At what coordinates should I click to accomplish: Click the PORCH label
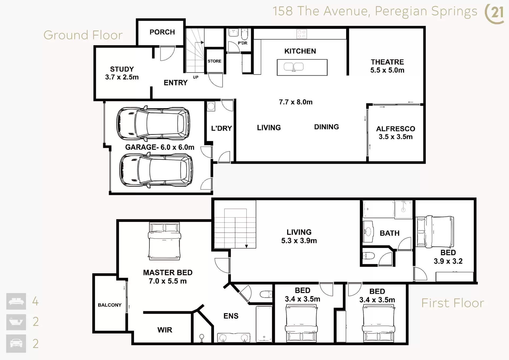pyautogui.click(x=162, y=32)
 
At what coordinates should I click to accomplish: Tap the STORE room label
pyautogui.click(x=214, y=61)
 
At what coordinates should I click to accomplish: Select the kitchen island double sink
pyautogui.click(x=294, y=67)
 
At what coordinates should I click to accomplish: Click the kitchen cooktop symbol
pyautogui.click(x=302, y=34)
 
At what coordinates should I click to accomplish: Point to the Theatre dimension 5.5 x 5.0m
pyautogui.click(x=387, y=70)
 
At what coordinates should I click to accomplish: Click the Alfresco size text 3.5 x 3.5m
pyautogui.click(x=396, y=137)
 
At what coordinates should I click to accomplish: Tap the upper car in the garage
pyautogui.click(x=153, y=124)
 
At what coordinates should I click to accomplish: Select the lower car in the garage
pyautogui.click(x=156, y=170)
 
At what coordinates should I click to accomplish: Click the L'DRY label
pyautogui.click(x=221, y=128)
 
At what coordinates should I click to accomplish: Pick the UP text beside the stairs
pyautogui.click(x=196, y=77)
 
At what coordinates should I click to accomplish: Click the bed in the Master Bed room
pyautogui.click(x=164, y=241)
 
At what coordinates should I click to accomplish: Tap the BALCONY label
pyautogui.click(x=110, y=305)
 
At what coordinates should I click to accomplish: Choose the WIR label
pyautogui.click(x=165, y=330)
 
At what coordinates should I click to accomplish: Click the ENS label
pyautogui.click(x=231, y=316)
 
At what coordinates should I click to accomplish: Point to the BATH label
pyautogui.click(x=390, y=233)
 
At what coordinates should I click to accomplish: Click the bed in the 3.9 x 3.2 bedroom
pyautogui.click(x=435, y=232)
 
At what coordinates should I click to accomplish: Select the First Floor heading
pyautogui.click(x=453, y=303)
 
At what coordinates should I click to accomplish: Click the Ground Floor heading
pyautogui.click(x=83, y=35)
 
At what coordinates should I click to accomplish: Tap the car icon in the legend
pyautogui.click(x=16, y=344)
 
